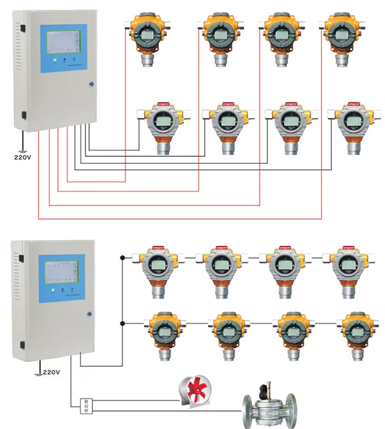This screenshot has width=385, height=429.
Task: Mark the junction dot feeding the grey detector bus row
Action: (123, 256)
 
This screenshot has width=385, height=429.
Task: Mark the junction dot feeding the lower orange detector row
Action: (123, 323)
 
